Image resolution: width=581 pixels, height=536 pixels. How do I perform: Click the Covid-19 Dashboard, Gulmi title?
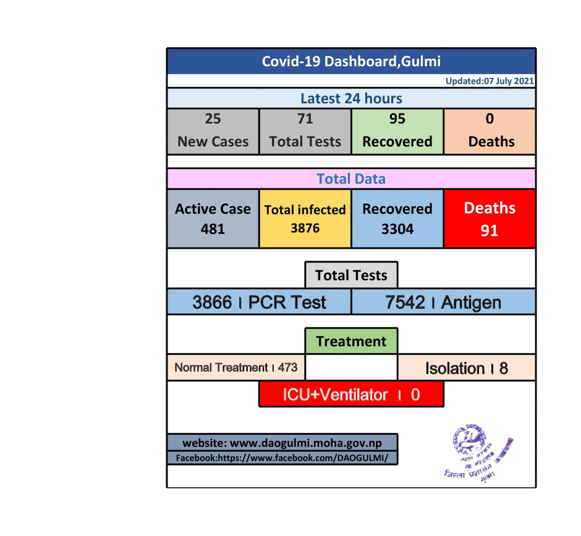351,61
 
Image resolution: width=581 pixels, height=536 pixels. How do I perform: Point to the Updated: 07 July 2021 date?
490,82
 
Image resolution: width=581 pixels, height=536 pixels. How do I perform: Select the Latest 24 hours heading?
351,98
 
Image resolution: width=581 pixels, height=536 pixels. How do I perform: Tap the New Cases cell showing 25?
213,131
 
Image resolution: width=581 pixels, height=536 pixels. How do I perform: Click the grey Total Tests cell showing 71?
305,131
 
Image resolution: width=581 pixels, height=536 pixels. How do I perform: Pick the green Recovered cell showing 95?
397,131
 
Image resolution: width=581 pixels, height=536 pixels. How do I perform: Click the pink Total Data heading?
351,179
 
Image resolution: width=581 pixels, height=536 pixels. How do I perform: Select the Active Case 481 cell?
213,219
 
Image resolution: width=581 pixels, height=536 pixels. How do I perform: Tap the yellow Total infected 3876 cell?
305,219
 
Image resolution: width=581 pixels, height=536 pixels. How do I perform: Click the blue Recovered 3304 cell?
397,219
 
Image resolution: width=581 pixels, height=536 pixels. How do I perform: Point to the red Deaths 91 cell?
490,219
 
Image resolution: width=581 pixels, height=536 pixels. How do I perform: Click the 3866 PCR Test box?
259,302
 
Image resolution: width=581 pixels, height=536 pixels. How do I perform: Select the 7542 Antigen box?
443,302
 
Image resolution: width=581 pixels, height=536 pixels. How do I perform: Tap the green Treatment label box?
351,341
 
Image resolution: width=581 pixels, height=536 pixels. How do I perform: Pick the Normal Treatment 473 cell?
236,367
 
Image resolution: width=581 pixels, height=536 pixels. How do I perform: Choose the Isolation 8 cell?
466,368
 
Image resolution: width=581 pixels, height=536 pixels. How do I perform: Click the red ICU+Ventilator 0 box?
351,395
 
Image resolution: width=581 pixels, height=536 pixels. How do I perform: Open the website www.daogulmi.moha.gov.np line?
282,443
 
